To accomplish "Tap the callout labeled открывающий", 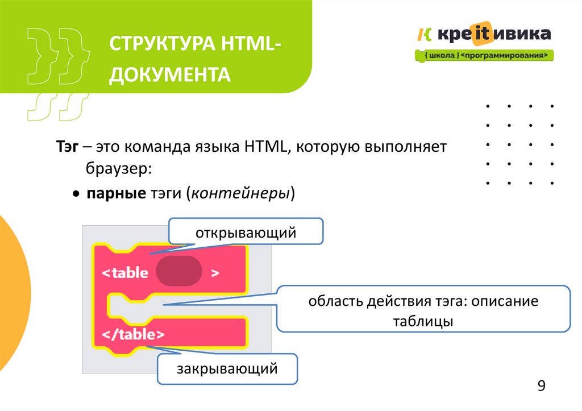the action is tap(246, 233).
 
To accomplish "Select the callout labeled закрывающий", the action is tap(227, 369).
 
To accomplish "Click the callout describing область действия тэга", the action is tap(423, 310).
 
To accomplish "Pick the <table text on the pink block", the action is tap(125, 272).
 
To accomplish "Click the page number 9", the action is tap(541, 387).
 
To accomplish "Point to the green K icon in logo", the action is tap(424, 35).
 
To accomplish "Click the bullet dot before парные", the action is tap(76, 194).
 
